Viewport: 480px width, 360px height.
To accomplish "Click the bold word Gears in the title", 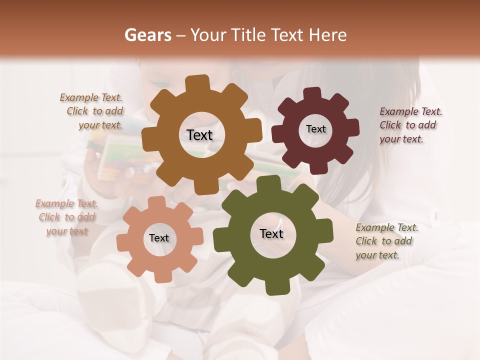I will click(x=148, y=35).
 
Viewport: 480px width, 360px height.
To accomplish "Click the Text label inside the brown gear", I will click(x=199, y=135).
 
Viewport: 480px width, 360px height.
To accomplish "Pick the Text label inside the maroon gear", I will click(x=315, y=129).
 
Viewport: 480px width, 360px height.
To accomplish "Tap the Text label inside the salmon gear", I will click(x=159, y=238).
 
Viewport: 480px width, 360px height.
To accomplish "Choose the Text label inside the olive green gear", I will click(x=271, y=233).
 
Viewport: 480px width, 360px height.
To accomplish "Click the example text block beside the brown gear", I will click(x=92, y=111).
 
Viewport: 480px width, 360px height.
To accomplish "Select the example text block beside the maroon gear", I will click(x=410, y=125).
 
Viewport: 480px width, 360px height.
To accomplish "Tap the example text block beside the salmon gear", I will click(x=66, y=217).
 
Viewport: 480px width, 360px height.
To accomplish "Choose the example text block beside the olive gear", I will click(x=386, y=241).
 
